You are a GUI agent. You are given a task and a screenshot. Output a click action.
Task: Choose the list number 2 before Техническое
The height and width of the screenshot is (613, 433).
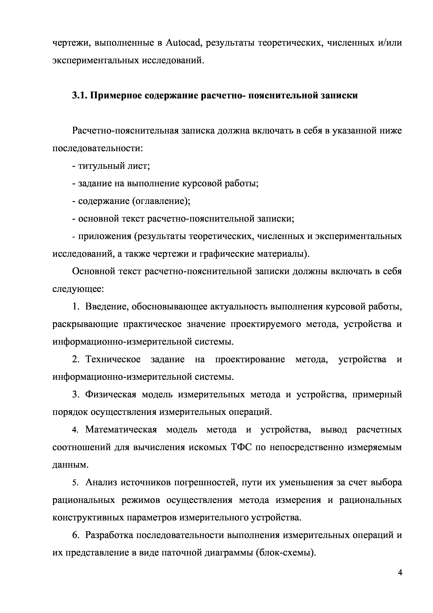tap(75, 360)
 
